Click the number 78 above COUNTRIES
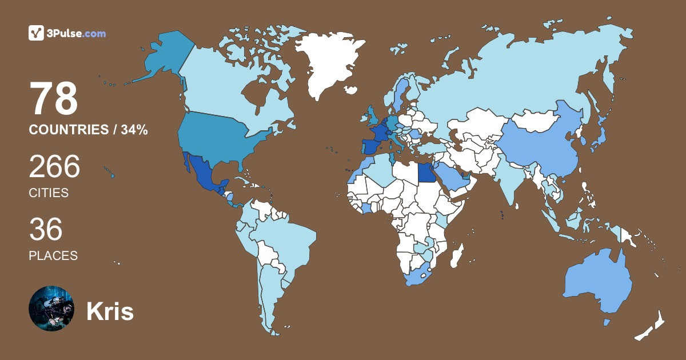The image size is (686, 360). [x=54, y=99]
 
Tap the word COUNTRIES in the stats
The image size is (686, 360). [x=69, y=130]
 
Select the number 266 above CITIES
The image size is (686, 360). [x=54, y=167]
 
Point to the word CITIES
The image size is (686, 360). [x=49, y=193]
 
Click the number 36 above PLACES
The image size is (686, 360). [x=46, y=229]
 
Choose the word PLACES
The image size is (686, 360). [x=53, y=255]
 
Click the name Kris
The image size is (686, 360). [x=110, y=311]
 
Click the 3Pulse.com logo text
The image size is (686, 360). [x=77, y=34]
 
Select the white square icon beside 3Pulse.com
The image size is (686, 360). [x=37, y=33]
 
